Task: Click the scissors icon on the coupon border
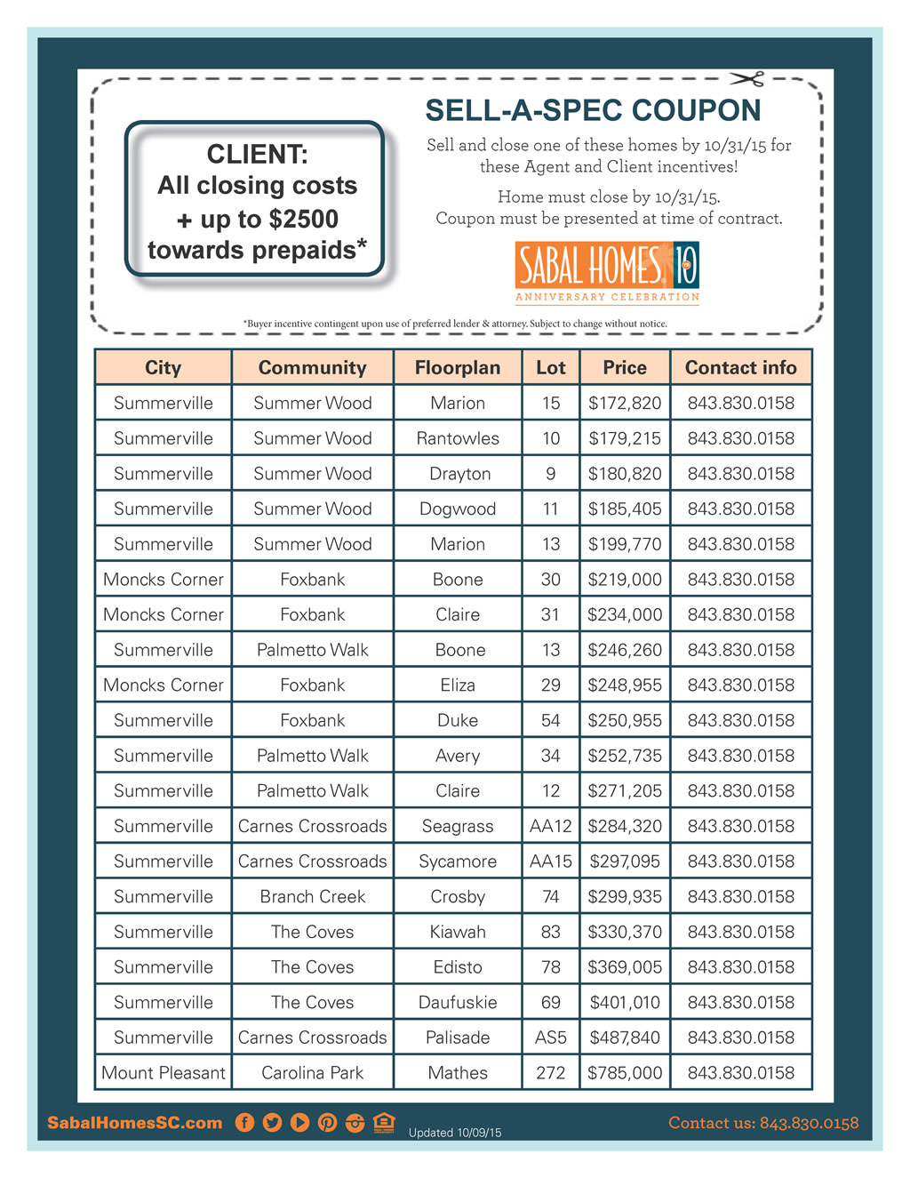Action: point(748,80)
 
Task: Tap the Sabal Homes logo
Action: point(607,272)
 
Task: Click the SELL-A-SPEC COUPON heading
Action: point(593,110)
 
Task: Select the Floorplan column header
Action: point(458,367)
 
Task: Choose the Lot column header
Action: point(551,367)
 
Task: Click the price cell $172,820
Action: point(625,403)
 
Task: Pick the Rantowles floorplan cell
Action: point(458,438)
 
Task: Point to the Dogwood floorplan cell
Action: point(458,509)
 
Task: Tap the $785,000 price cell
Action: point(625,1072)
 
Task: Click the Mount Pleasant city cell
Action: point(164,1072)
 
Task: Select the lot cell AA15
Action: point(551,861)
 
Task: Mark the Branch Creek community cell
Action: point(313,896)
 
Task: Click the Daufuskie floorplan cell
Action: point(458,1002)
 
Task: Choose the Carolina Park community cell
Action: point(313,1072)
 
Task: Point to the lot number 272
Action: point(551,1072)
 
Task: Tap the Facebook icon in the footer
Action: point(244,1122)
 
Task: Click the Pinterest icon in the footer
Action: point(327,1122)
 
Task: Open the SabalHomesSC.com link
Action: point(135,1123)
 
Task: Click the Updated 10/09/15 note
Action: point(455,1133)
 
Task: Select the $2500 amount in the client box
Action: point(305,219)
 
